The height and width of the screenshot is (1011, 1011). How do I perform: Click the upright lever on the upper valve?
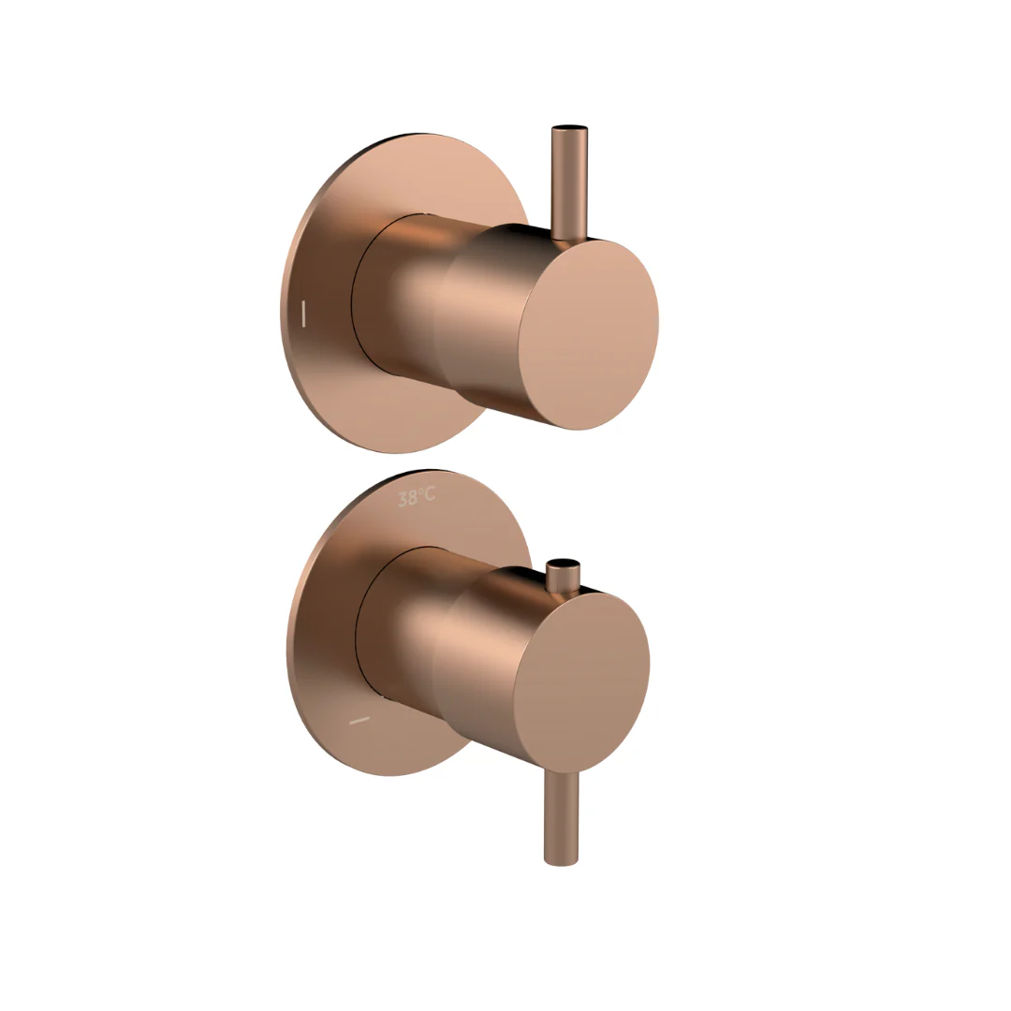tap(569, 183)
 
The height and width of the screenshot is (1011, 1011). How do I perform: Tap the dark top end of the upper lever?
tap(569, 128)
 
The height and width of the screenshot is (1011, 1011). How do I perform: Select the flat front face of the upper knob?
tap(589, 334)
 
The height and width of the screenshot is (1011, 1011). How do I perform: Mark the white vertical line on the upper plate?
tap(303, 313)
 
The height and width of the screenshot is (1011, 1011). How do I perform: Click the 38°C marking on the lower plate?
tap(417, 497)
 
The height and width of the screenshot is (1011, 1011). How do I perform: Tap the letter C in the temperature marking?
tap(429, 494)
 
